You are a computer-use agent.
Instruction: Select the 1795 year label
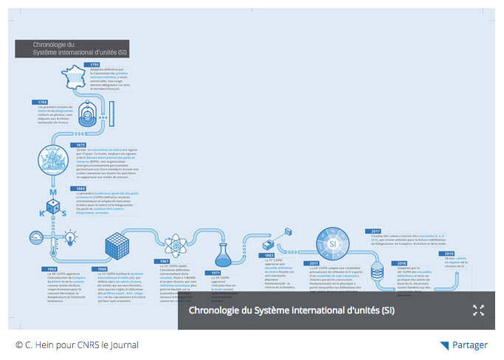pos(94,65)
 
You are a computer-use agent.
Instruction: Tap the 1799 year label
pos(43,102)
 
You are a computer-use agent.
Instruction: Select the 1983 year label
pos(269,255)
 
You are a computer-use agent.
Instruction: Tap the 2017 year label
pos(376,231)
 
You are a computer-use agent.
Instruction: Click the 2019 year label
pos(449,253)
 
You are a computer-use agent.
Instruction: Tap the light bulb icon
pos(70,238)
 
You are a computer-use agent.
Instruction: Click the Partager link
pos(469,345)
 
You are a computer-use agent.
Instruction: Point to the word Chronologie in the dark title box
pos(47,45)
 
